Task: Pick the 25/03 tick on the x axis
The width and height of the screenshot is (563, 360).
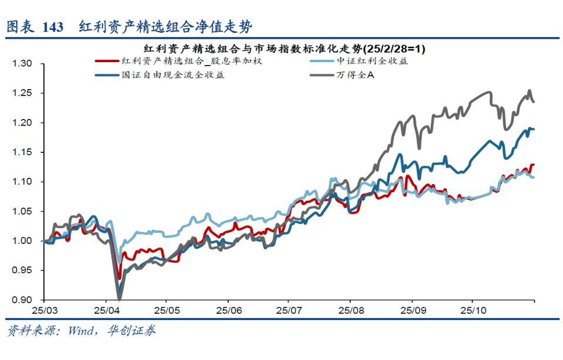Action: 45,309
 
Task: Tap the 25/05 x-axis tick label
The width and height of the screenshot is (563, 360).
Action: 167,309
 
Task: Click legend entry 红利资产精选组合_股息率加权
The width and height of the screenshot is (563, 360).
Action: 169,61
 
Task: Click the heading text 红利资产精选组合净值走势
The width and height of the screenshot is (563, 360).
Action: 167,26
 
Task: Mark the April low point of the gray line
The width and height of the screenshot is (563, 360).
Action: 119,299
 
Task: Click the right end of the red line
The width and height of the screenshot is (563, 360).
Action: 534,165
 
